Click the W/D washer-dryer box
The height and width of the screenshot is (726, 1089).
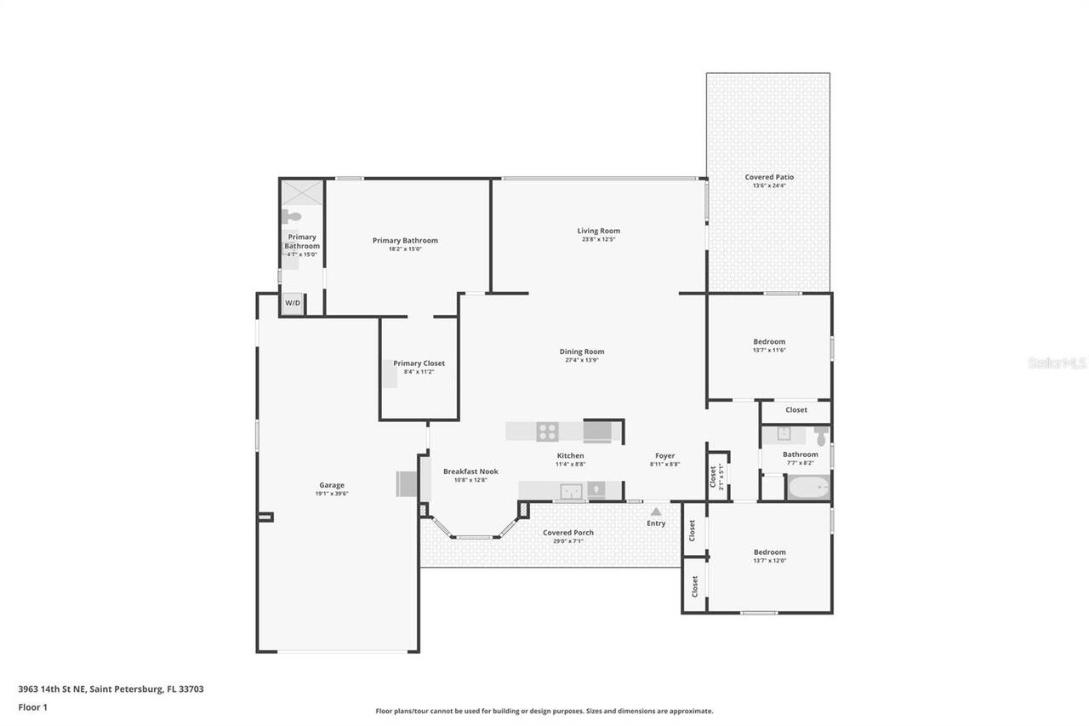292,303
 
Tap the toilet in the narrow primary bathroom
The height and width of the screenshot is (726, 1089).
292,216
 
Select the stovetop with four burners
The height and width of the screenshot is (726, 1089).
547,432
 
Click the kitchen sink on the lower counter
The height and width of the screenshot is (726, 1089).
571,490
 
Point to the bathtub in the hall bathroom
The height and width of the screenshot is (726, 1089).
807,489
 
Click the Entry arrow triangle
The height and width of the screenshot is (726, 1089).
655,512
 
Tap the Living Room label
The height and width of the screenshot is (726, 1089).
598,231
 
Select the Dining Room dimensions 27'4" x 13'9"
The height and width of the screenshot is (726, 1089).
582,360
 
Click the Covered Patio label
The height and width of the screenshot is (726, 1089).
769,177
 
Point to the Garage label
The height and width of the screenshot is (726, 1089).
332,485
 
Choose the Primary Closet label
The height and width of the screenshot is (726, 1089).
419,363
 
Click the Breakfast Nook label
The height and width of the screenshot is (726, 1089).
470,472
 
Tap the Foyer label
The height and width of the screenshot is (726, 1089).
664,455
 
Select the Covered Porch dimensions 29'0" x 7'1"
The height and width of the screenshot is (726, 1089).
568,540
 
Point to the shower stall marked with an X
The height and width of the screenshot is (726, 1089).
302,192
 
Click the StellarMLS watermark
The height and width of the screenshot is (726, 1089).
1057,363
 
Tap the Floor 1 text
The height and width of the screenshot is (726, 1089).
32,706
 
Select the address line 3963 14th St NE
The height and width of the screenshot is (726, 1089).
111,689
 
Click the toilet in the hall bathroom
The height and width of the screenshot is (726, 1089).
820,437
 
